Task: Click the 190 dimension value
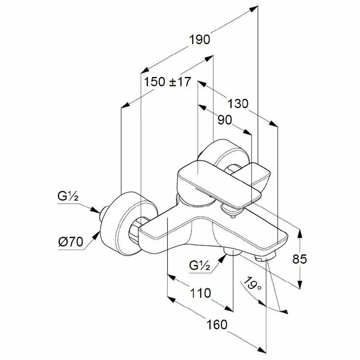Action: pos(199,39)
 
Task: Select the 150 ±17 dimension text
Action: pos(167,82)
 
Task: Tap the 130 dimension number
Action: pos(238,103)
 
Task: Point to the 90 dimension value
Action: pos(224,120)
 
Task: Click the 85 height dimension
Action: pos(300,259)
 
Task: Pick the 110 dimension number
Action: pos(201,293)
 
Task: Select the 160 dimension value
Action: pos(217,325)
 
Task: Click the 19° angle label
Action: pos(253,284)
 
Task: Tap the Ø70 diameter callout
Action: pos(70,242)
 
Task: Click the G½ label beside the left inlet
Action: pos(68,196)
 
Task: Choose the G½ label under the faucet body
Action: pos(199,266)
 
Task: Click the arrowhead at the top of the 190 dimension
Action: pos(254,9)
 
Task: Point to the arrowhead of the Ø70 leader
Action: pos(97,235)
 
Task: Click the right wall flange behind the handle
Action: pos(224,154)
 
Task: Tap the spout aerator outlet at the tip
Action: pos(265,256)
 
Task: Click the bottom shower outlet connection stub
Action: pos(232,251)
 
